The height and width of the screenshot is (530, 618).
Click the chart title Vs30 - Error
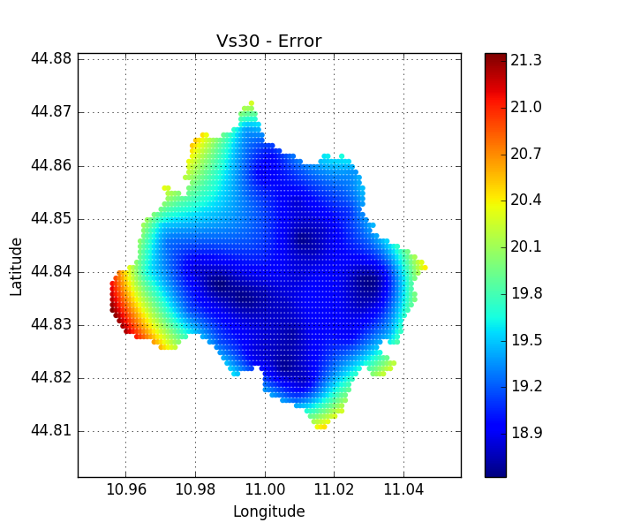(x=268, y=42)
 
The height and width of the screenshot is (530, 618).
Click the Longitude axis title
(x=268, y=511)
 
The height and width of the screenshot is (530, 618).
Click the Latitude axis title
(x=16, y=266)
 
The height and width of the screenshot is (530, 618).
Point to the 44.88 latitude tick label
(x=51, y=59)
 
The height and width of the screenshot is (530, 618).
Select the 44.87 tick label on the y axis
(x=51, y=112)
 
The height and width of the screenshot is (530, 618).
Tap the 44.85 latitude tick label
(x=51, y=218)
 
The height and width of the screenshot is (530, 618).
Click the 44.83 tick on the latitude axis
(x=51, y=324)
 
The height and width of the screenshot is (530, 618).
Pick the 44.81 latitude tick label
(x=51, y=431)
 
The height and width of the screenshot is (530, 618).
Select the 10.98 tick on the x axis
(x=195, y=488)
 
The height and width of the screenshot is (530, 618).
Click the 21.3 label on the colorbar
(x=526, y=61)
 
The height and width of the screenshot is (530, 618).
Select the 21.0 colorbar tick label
(x=526, y=107)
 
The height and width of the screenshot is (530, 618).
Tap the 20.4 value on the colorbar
(x=526, y=200)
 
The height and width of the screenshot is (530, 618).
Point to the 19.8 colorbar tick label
(x=526, y=292)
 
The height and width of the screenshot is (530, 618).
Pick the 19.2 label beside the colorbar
(x=526, y=385)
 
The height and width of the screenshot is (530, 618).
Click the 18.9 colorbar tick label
(x=526, y=432)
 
